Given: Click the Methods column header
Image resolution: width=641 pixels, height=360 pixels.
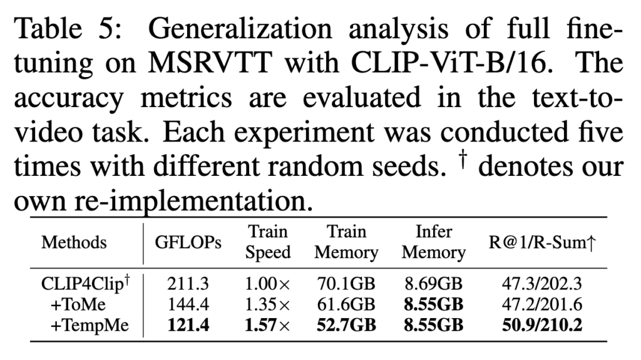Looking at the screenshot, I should point(74,243).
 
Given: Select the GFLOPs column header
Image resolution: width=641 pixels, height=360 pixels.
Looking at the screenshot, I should point(188,243).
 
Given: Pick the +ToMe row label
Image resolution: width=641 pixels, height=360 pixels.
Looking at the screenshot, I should point(79,306).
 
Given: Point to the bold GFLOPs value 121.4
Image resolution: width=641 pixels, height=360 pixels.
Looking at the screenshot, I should point(188,326).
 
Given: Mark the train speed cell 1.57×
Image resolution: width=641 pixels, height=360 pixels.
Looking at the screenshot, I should point(268,326).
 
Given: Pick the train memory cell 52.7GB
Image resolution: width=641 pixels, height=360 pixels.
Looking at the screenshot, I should point(346,326).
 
